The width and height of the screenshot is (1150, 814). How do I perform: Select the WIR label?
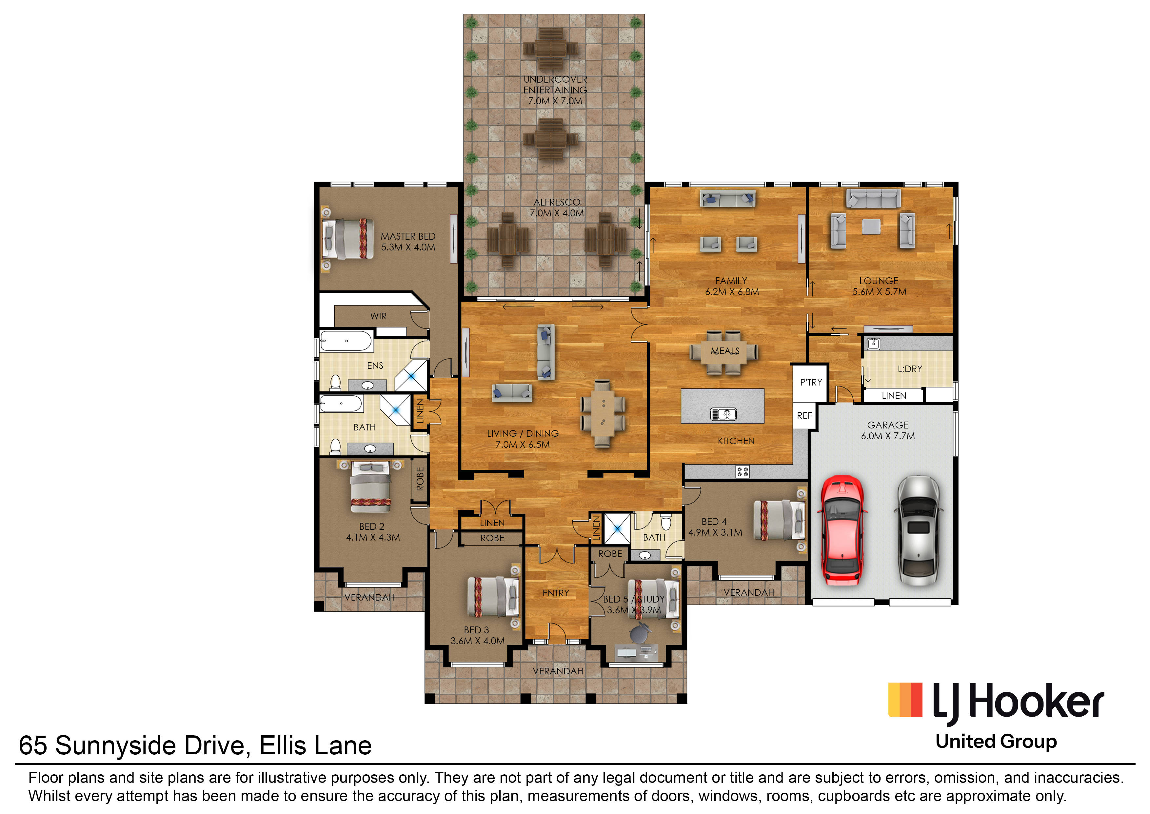(x=378, y=316)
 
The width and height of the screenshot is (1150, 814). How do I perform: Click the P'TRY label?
(x=811, y=383)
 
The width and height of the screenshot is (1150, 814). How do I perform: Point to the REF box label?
(x=804, y=415)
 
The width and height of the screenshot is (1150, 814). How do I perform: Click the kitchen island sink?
(x=724, y=414)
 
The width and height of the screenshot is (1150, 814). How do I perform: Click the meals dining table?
(x=724, y=352)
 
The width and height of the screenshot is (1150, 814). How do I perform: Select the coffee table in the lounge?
(x=871, y=227)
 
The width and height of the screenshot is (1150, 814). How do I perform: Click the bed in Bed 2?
(x=371, y=487)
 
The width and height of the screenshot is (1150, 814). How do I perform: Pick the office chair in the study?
(x=639, y=634)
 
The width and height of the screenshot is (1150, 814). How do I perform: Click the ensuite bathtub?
(x=346, y=341)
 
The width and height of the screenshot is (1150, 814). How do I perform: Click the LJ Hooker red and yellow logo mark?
(x=905, y=700)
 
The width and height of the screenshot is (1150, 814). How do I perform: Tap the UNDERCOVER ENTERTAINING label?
(x=555, y=85)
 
